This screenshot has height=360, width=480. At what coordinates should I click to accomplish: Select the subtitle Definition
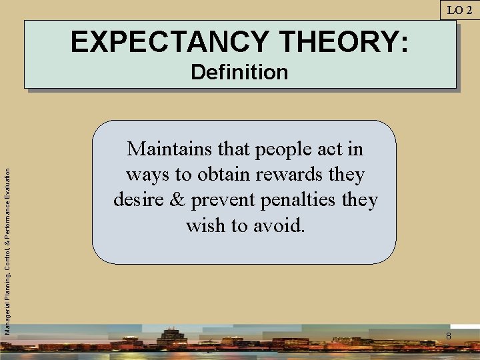coord(239,72)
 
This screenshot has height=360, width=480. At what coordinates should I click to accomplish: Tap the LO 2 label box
coord(459,9)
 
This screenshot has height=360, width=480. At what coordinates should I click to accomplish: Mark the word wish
coord(207,225)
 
